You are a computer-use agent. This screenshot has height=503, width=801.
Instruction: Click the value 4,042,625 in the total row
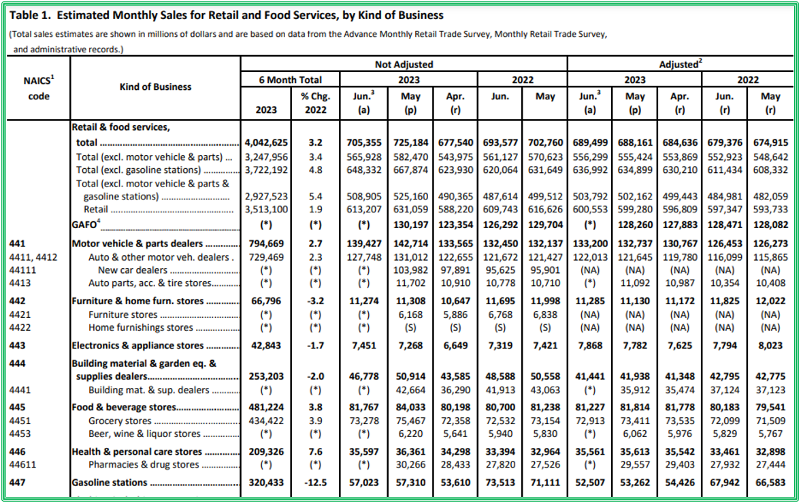tap(265, 143)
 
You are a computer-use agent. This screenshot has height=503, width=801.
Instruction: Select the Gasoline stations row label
tap(110, 483)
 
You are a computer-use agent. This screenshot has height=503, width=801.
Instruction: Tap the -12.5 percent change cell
tap(315, 483)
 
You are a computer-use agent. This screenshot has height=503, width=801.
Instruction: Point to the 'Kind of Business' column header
tap(155, 86)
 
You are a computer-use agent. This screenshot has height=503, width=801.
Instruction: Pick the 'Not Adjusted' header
tap(404, 65)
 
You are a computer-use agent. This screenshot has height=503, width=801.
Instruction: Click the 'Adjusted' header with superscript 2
tap(681, 65)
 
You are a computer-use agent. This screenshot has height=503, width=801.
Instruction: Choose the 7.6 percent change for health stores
tap(315, 451)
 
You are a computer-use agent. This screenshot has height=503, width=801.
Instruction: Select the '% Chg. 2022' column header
tap(315, 103)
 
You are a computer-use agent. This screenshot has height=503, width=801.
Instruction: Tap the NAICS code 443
tap(18, 346)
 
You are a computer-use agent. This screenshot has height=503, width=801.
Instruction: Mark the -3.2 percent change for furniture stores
tap(315, 301)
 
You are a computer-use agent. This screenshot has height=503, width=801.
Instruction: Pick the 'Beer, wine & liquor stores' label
tap(145, 434)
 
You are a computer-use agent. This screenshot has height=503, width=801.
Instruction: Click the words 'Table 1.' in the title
tap(27, 15)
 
